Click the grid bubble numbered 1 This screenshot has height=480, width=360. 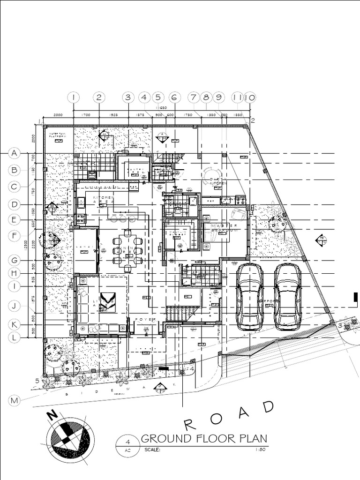click(74, 97)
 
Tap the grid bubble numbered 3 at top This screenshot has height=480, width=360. click(128, 97)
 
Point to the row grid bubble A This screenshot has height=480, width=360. click(15, 153)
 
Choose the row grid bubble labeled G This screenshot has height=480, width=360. click(15, 260)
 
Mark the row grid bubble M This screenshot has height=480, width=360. click(15, 400)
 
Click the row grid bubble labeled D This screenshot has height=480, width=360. click(15, 204)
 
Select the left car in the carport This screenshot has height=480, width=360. click(249, 297)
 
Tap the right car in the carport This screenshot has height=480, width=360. click(287, 297)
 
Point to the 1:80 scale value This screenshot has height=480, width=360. click(261, 450)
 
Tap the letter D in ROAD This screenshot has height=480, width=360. click(268, 407)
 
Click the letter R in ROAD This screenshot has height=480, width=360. click(189, 425)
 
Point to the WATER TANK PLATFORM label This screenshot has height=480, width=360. click(59, 135)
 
